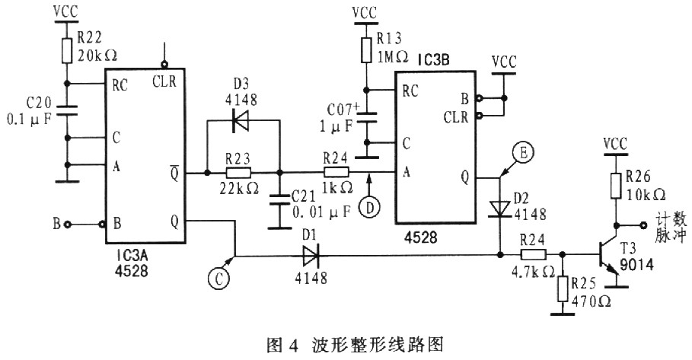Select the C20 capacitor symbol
point(67,109)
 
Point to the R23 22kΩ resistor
point(242,173)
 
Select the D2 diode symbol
point(499,208)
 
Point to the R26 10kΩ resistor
point(615,185)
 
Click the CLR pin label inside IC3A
point(164,81)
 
